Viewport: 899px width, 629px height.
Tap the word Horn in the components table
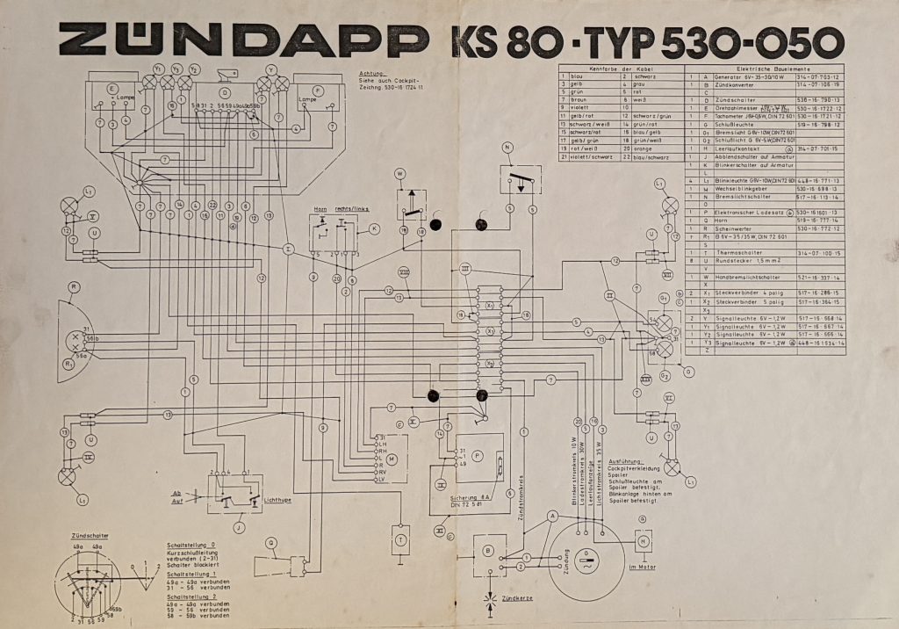click(x=724, y=220)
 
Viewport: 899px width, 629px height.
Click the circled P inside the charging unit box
click(x=478, y=457)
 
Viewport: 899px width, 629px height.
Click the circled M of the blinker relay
click(x=392, y=459)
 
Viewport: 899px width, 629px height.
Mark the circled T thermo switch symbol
click(x=401, y=539)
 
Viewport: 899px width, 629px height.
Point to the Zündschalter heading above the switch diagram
click(x=90, y=534)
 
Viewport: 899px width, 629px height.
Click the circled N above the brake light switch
click(x=507, y=147)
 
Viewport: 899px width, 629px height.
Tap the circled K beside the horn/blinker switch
click(x=374, y=228)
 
